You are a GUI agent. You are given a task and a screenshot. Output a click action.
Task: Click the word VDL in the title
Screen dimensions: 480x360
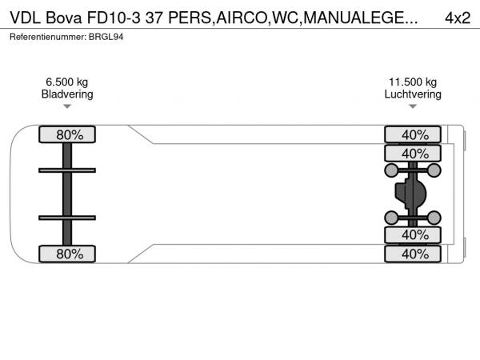click(x=25, y=18)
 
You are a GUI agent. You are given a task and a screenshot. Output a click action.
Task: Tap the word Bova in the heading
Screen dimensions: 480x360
click(x=64, y=18)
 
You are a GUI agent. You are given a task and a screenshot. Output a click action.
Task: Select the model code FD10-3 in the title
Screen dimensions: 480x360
click(x=114, y=18)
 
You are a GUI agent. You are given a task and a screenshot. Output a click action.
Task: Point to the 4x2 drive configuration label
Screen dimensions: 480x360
click(x=458, y=18)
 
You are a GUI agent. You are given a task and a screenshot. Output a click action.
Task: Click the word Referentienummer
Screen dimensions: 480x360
click(x=48, y=37)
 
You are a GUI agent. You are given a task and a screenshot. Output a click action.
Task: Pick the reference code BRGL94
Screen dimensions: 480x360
click(x=106, y=37)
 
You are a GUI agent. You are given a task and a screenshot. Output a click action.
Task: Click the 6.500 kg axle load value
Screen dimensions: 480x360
click(x=67, y=82)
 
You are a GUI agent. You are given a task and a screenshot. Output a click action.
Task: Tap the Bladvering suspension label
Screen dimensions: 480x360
click(x=67, y=94)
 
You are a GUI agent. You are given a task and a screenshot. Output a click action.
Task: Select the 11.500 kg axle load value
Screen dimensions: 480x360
click(x=413, y=82)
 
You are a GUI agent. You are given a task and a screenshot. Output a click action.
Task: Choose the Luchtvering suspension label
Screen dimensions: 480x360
click(x=413, y=94)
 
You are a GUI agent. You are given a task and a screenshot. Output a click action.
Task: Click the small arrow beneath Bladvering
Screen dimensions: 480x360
click(x=67, y=106)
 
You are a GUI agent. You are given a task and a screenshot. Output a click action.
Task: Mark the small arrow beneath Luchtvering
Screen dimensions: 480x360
click(x=413, y=106)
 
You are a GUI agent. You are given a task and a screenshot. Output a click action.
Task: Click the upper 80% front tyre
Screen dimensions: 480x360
click(x=67, y=134)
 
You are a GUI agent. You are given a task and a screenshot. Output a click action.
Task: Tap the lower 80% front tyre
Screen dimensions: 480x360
click(x=67, y=254)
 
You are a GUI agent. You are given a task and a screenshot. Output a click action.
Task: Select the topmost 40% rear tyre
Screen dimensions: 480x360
click(x=413, y=134)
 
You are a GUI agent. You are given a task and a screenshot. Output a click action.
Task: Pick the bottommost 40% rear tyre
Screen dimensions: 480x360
click(x=413, y=254)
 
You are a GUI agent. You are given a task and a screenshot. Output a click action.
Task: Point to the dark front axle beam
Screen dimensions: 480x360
click(x=67, y=194)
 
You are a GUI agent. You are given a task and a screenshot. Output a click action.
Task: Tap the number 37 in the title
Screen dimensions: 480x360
click(x=154, y=18)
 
